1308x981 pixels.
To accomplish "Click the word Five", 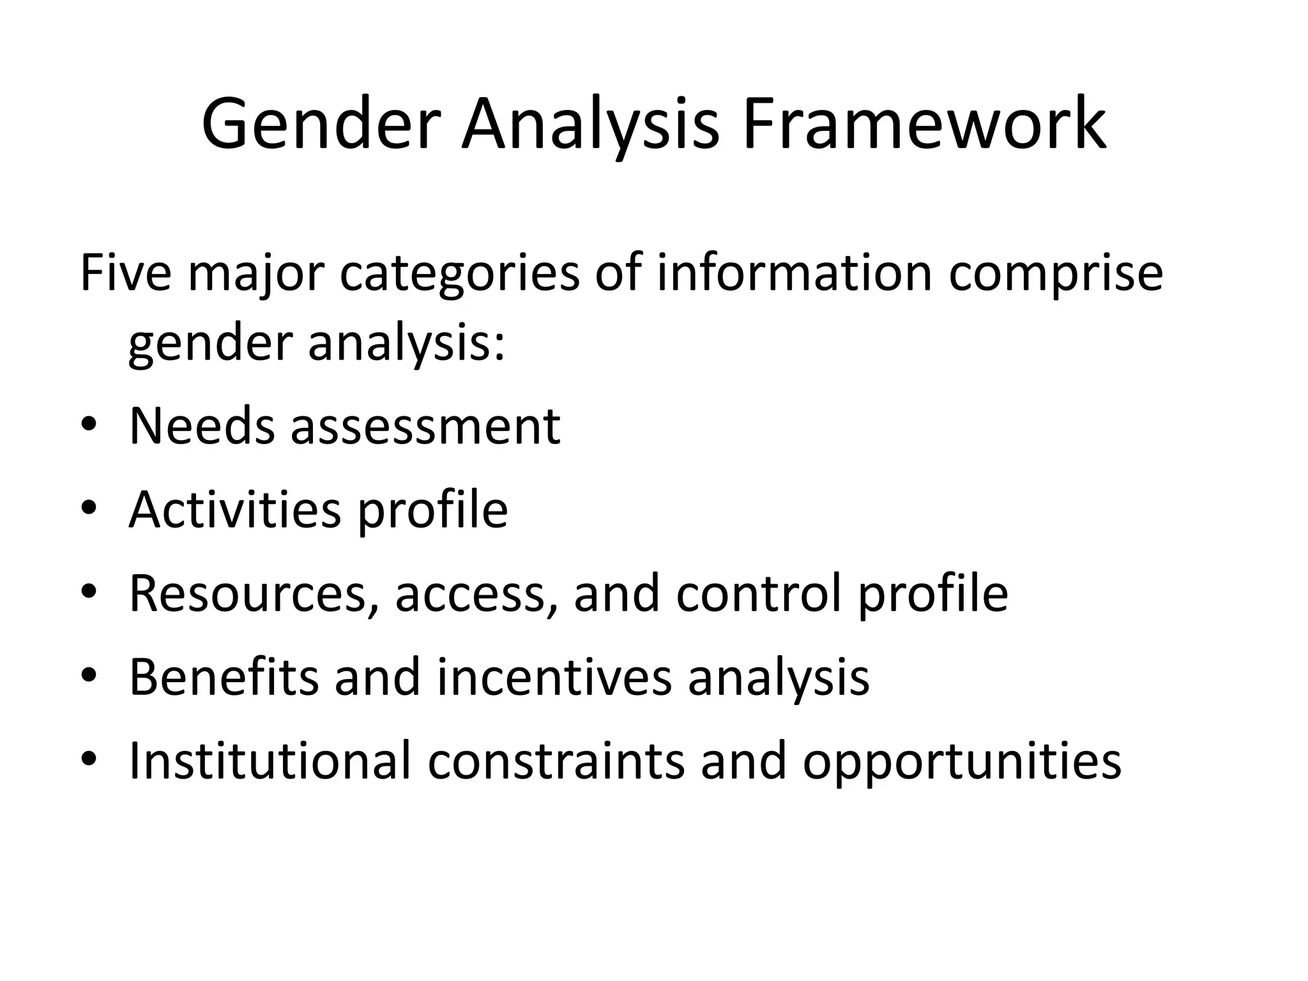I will coord(126,273).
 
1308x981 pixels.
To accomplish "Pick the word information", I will coord(795,273).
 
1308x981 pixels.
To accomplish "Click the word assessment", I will coord(425,427).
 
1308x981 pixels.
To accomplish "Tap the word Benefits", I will coord(224,677).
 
